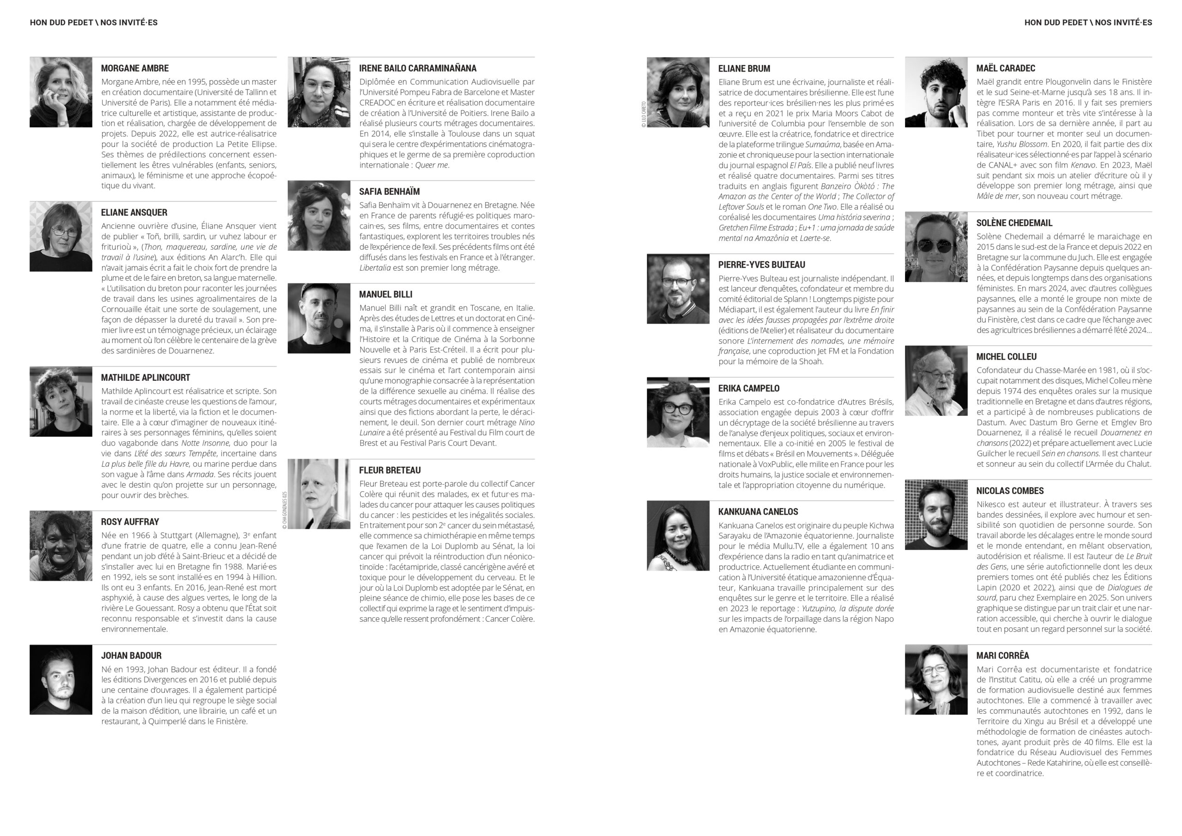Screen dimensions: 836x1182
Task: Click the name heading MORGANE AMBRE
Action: click(134, 68)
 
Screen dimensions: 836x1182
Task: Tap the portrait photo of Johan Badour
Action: click(61, 680)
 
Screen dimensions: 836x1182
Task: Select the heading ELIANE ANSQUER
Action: click(134, 212)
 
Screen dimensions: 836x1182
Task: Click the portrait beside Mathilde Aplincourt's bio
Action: click(61, 402)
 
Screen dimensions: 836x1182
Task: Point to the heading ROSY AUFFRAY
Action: click(130, 522)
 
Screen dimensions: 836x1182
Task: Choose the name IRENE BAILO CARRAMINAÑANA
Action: click(417, 68)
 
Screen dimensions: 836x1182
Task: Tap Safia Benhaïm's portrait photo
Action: click(319, 216)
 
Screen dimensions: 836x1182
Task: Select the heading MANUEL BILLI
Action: click(386, 295)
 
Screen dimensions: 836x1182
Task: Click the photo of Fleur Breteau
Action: click(319, 493)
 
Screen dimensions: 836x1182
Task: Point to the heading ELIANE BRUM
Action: click(744, 68)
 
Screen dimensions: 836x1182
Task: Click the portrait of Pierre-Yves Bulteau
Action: click(678, 289)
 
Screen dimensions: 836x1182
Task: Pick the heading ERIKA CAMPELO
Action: click(748, 388)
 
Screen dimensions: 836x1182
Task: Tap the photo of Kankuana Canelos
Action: click(678, 535)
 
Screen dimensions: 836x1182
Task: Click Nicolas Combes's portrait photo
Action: click(936, 515)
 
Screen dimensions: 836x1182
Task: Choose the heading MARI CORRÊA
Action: click(1002, 656)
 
